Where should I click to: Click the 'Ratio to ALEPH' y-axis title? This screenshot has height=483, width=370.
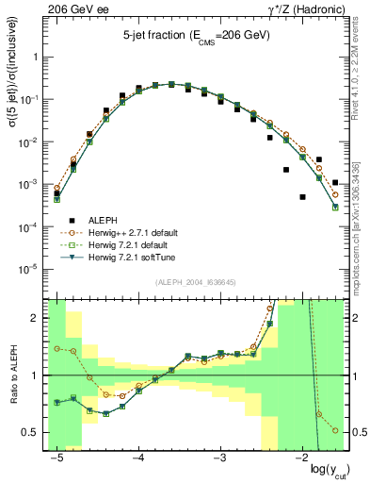[12, 375]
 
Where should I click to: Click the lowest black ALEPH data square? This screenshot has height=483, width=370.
[303, 197]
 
